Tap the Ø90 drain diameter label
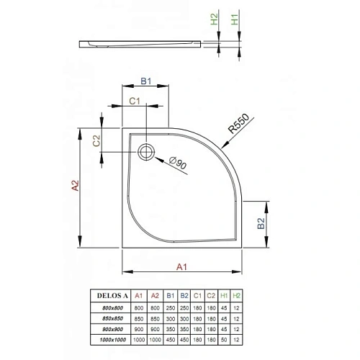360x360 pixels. tap(177, 165)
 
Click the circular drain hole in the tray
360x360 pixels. tap(146, 152)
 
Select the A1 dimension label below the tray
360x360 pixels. tap(182, 266)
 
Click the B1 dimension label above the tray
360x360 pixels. tap(144, 82)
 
